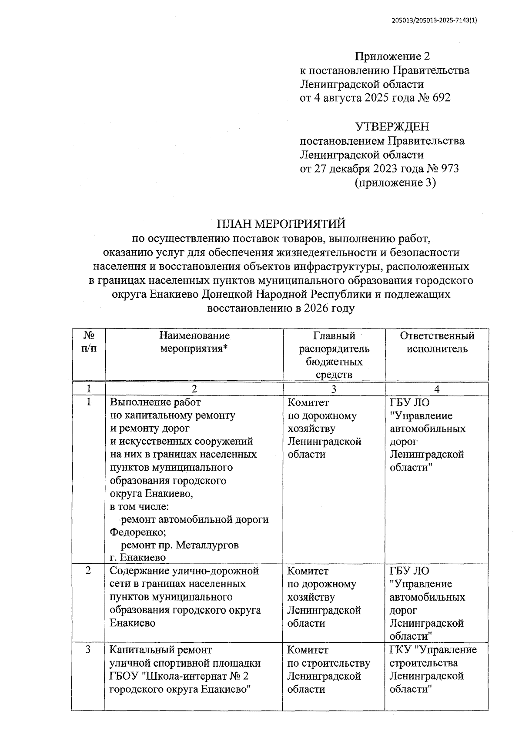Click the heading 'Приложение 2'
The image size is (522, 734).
[392, 56]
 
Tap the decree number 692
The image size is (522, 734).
[442, 98]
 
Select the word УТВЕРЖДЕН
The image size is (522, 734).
[392, 127]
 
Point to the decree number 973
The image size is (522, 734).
[450, 169]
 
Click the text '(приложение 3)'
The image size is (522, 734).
[395, 183]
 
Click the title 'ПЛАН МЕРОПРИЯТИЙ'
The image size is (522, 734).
[281, 224]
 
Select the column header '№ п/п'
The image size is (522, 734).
[89, 342]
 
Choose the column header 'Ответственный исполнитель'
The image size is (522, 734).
[437, 342]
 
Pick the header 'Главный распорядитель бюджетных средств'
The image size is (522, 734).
[334, 355]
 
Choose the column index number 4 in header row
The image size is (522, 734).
[437, 389]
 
